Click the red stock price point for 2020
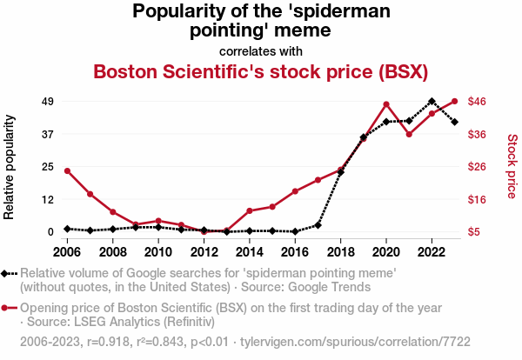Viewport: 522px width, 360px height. point(386,104)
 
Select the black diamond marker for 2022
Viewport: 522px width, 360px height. point(432,102)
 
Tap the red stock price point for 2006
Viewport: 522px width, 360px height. point(67,170)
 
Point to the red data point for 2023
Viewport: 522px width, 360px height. point(455,102)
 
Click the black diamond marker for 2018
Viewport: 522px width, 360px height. point(341,172)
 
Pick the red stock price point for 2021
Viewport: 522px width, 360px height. point(409,134)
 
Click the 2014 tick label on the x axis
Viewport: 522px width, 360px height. point(250,252)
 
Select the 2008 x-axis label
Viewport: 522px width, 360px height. point(112,252)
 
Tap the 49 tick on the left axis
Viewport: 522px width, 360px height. point(48,102)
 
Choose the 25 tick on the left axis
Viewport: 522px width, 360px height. point(48,167)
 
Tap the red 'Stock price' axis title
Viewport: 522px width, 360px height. point(512,165)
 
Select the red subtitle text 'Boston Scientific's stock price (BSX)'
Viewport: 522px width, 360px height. point(260,70)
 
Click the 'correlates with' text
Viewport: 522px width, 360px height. point(260,50)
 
